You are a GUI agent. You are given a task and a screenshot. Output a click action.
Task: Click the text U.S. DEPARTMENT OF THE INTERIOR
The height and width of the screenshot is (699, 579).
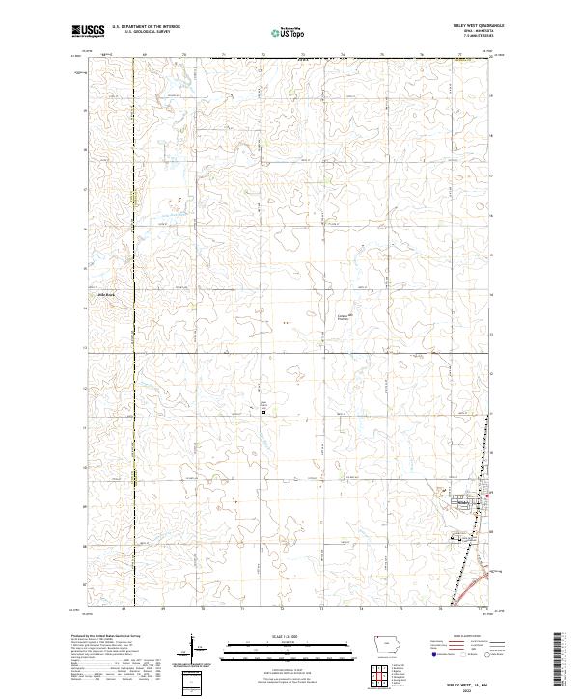point(146,27)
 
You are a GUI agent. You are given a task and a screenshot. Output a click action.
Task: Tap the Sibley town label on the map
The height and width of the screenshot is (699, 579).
point(465,503)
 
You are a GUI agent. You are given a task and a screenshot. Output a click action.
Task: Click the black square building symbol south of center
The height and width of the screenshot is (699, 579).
point(265,413)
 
